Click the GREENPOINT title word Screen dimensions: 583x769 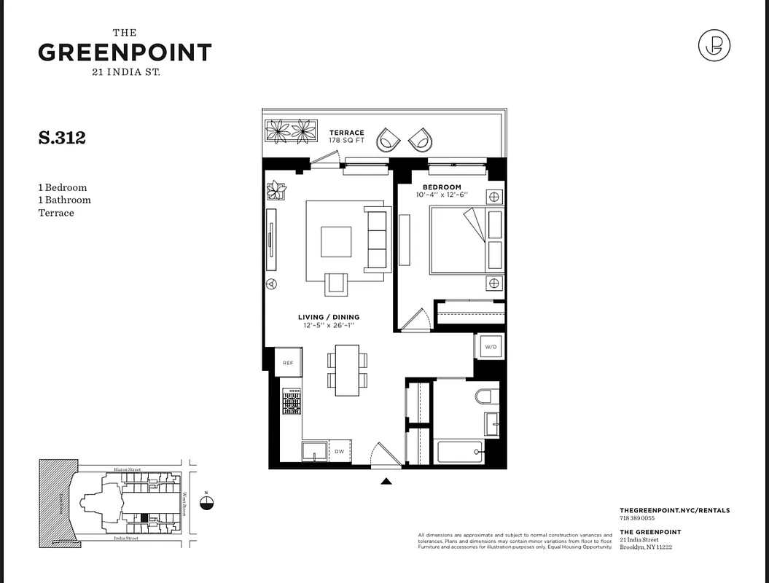[125, 52]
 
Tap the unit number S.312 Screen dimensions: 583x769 [62, 138]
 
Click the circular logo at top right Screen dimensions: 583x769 [714, 47]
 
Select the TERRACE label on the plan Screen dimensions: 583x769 [346, 133]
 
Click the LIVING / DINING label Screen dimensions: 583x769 [328, 317]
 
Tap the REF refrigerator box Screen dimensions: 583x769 [288, 362]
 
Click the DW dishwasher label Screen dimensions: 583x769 [339, 452]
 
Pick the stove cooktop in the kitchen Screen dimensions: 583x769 [292, 401]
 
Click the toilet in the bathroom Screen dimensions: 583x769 [486, 396]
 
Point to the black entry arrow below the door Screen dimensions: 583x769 [386, 481]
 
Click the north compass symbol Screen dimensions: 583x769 [208, 502]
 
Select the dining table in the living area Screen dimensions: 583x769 [347, 369]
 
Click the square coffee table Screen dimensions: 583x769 [336, 241]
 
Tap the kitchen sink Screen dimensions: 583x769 [314, 451]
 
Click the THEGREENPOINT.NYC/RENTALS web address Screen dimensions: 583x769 [674, 511]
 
